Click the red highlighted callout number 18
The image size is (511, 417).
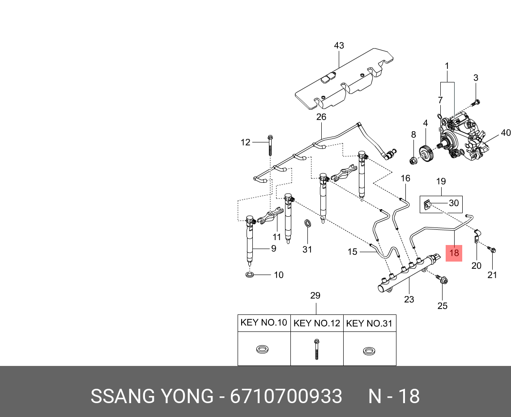coord(454,254)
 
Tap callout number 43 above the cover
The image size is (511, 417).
coord(339,46)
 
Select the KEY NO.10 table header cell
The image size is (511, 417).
coord(264,323)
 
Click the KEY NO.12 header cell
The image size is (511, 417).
coord(316,323)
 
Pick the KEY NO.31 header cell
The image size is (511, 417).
coord(370,323)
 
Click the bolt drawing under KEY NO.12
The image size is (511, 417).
coord(316,348)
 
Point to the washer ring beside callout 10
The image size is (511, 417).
coord(250,274)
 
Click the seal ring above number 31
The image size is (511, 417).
coord(307,223)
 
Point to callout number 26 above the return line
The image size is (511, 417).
coord(321,117)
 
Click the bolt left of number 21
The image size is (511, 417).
coord(491,249)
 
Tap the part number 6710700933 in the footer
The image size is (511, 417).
coord(286,397)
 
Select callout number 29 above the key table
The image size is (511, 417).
coord(315,296)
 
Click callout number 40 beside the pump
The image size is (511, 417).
coord(505,133)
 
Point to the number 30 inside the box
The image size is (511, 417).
coord(454,203)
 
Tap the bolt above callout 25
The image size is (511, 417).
coord(442,280)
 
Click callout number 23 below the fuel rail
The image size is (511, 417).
coord(409,300)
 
